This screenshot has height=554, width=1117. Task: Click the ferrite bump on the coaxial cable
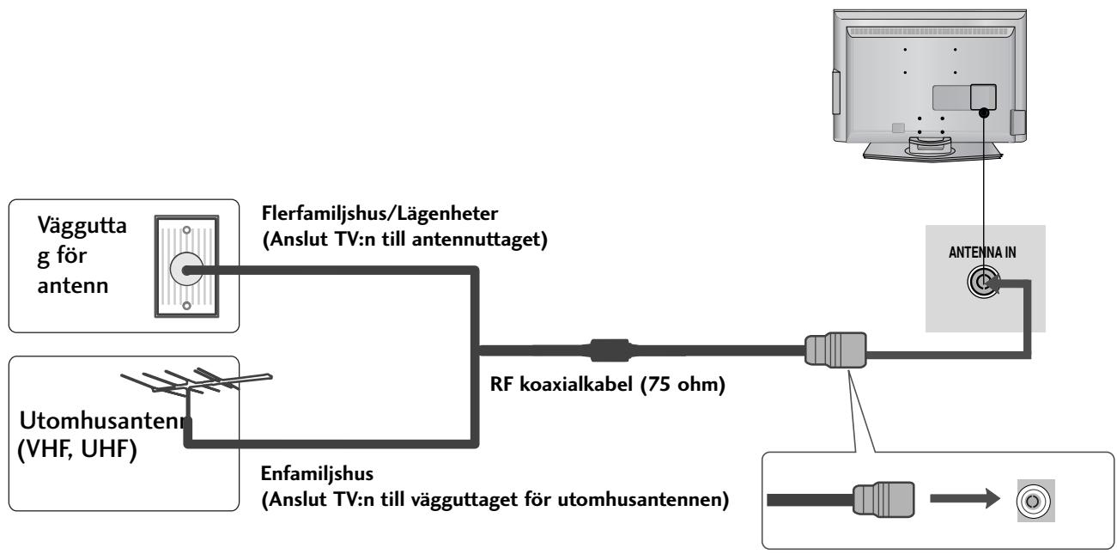click(x=610, y=350)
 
